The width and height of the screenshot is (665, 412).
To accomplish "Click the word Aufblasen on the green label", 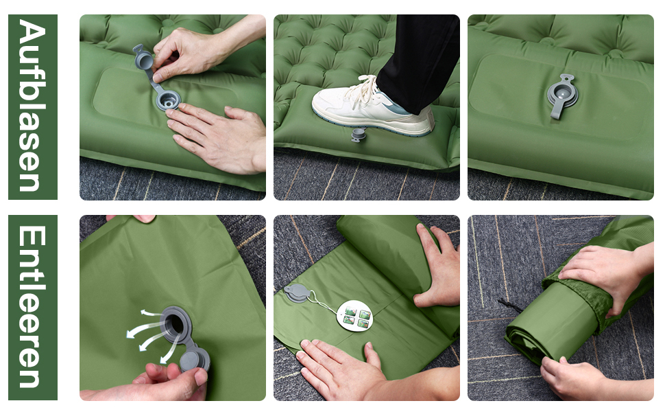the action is pos(32,106).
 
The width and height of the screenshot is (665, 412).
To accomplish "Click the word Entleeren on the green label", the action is pos(32,307).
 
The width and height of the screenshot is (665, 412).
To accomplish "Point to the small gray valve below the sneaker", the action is pos(358,135).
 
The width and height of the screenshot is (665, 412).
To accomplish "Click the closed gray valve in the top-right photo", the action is pos(562,96).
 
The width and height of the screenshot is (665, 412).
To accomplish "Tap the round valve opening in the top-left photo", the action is pos(169,101).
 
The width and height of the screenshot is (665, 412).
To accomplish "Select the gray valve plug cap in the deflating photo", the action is pos(194,359).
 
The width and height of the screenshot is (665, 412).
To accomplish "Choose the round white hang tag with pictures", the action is pos(355,316).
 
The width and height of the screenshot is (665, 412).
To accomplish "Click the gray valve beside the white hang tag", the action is pos(298,293).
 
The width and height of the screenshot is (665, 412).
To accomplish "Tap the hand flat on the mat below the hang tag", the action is pos(339,365).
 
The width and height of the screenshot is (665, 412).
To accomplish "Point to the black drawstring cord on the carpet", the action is pos(511,305).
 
